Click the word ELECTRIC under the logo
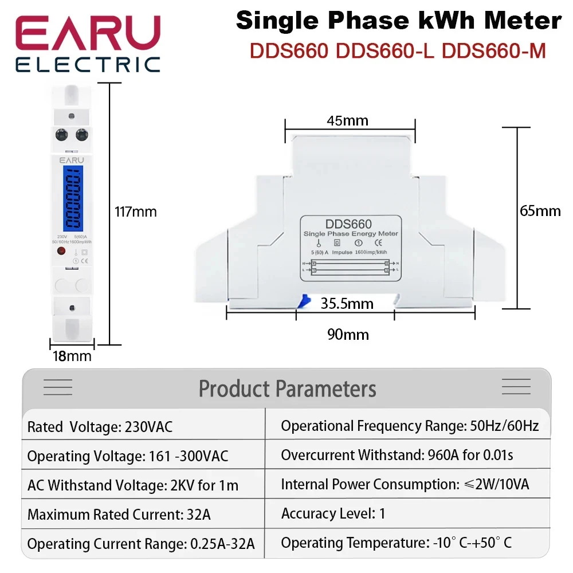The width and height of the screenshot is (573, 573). [87, 64]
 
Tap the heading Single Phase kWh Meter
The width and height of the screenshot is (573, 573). [399, 21]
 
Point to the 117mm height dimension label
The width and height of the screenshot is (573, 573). [136, 212]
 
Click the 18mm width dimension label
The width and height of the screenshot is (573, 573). [72, 356]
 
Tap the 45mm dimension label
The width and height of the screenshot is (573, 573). [348, 120]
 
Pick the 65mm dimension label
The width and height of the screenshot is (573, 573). [540, 211]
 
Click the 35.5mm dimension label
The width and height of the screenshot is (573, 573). [347, 303]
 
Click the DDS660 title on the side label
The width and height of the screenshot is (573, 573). [348, 224]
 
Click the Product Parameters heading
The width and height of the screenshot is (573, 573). [287, 388]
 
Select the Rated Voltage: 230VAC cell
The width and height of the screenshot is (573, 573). [100, 427]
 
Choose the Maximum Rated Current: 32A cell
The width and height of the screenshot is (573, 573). [119, 515]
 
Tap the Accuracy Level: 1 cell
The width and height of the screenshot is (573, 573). [333, 514]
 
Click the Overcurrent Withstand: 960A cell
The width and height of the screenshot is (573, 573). [397, 456]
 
